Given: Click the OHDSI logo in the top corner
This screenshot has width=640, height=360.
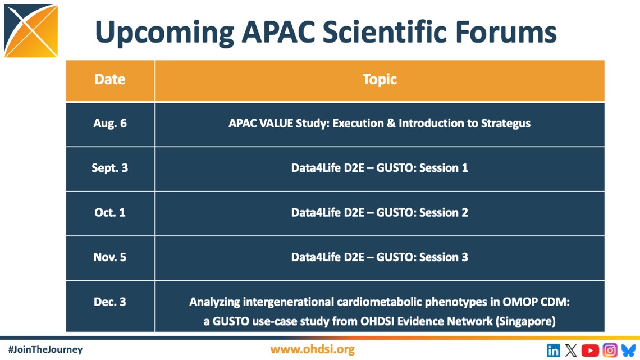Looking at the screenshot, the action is pos(31,31).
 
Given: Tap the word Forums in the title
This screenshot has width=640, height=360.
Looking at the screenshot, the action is pos(506,32).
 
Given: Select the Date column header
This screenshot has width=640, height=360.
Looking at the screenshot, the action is pos(110,79).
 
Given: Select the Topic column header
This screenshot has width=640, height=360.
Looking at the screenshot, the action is pos(380,80).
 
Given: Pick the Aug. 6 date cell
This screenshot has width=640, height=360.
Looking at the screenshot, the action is pos(110,123).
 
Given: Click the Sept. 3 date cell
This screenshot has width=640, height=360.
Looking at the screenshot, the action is pos(110,168).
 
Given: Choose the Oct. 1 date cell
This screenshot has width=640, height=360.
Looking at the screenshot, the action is pos(110,213).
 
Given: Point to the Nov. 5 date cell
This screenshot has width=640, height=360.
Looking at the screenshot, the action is pos(110,257).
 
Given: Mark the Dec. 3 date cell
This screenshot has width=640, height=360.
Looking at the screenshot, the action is pos(110,302).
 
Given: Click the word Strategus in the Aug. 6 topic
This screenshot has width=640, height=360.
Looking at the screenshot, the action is pos(506,124).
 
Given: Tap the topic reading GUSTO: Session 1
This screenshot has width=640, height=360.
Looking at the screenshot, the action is pos(422,168).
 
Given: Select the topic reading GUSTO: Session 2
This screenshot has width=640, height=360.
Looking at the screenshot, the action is pos(422,213).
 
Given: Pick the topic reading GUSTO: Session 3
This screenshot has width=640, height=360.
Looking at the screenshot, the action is pos(422,257).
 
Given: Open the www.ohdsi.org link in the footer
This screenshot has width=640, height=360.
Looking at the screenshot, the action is pos(312,350).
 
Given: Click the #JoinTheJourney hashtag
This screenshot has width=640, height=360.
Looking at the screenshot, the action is pos(45,349).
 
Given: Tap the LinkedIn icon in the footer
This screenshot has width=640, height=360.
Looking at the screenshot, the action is pos(553,350).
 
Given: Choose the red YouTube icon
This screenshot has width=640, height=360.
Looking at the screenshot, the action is pos(590,350).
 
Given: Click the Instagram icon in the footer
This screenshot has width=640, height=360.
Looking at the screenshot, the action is pos(610,350).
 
